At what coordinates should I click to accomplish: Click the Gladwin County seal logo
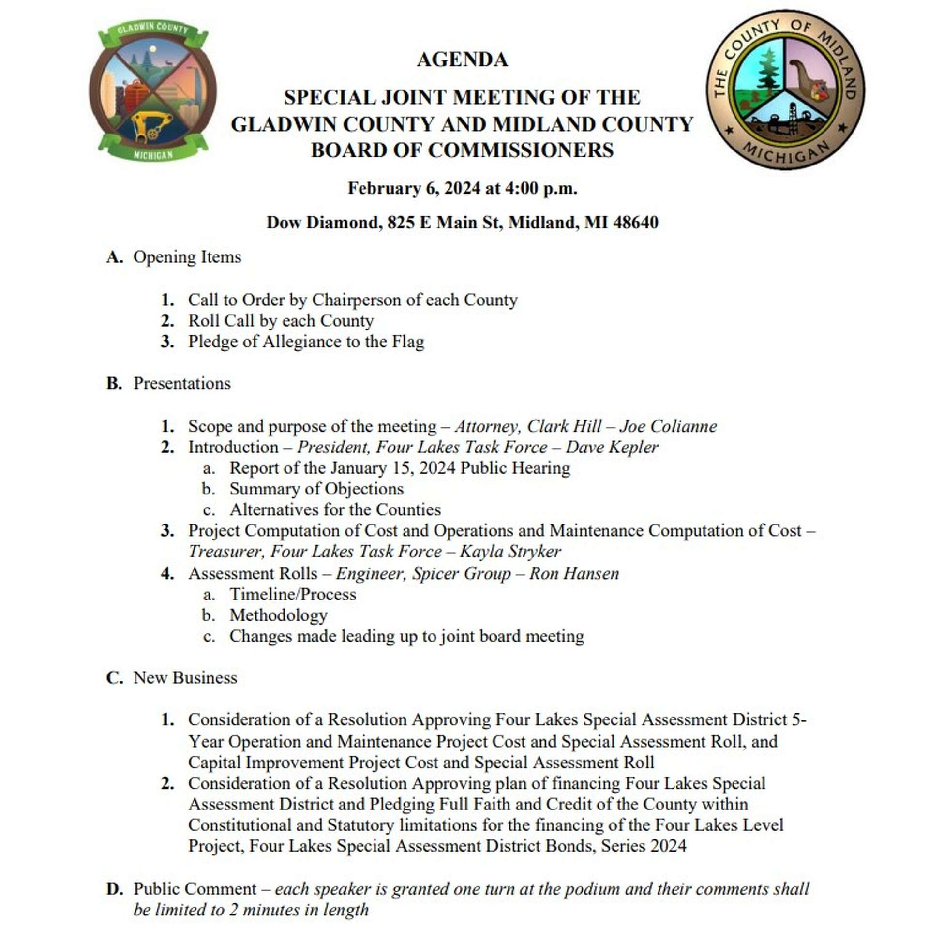pos(153,91)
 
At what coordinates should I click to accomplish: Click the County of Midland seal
pos(785,90)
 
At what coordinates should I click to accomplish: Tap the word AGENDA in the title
pos(462,60)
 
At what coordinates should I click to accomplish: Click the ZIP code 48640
pos(636,223)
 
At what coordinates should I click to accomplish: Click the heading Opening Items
pos(187,257)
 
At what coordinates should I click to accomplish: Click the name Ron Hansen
pos(574,573)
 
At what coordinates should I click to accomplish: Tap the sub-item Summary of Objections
pos(316,489)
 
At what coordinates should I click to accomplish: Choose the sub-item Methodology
pos(278,615)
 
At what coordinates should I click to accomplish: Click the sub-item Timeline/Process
pos(293,594)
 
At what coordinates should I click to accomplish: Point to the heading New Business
pos(185,678)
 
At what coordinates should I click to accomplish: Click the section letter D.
pos(114,889)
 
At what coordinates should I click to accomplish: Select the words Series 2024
pos(644,846)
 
